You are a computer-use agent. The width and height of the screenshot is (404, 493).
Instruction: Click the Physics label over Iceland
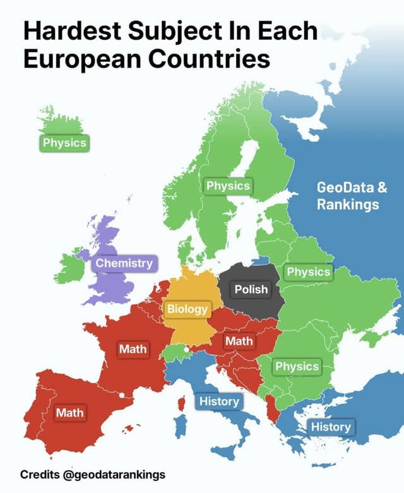[x=64, y=143]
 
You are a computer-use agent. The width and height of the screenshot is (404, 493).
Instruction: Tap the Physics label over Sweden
[x=228, y=186]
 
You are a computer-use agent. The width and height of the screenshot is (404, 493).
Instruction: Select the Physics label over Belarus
[x=309, y=272]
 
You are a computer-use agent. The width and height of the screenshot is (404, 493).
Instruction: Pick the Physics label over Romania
[x=297, y=366]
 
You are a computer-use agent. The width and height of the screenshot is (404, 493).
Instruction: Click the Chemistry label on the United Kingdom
[x=124, y=263]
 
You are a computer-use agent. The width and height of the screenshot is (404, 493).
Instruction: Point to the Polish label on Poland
[x=251, y=290]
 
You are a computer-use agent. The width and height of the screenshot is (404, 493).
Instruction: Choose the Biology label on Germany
[x=187, y=309]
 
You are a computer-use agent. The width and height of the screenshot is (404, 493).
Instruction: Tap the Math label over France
[x=133, y=348]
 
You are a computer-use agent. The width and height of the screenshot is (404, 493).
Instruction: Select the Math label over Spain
[x=69, y=413]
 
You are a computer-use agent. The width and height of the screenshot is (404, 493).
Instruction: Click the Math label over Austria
[x=239, y=342]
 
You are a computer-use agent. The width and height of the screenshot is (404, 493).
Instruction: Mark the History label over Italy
[x=219, y=401]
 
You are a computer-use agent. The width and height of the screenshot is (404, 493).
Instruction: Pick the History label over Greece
[x=331, y=427]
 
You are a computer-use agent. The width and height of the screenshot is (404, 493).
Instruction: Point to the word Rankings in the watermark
[x=348, y=205]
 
